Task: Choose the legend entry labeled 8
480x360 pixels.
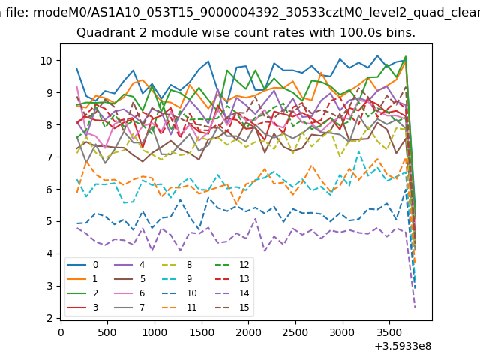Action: [181, 265]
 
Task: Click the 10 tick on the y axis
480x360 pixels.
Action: [46, 61]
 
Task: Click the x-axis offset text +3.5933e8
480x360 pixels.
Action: [402, 346]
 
